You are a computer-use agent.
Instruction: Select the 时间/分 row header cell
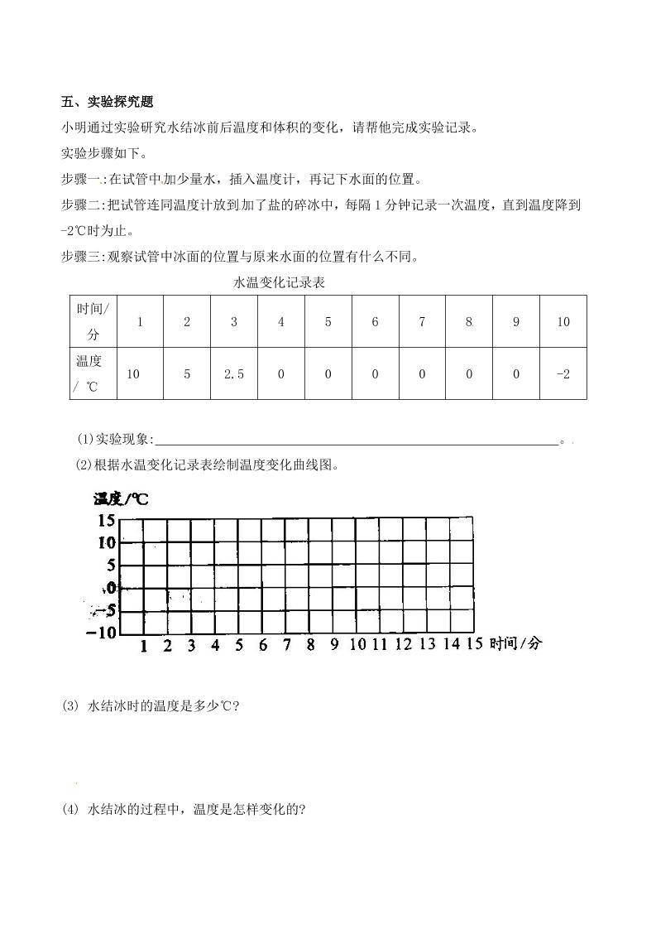(93, 321)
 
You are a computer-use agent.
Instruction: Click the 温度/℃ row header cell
(93, 373)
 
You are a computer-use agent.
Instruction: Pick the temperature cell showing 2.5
(234, 373)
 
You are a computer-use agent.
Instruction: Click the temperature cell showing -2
(563, 373)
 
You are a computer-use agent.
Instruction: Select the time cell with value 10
(563, 322)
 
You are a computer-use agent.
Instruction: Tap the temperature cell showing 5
(187, 373)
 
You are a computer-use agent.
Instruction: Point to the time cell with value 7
(422, 322)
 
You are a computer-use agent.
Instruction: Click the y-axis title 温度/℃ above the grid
(121, 498)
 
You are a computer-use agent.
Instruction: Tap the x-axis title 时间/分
(515, 643)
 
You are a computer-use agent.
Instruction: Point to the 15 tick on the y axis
(106, 520)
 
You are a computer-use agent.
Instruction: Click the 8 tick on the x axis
(310, 645)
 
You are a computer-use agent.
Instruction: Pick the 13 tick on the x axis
(427, 644)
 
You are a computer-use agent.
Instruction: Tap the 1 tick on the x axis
(143, 646)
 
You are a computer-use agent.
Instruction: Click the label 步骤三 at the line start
(80, 257)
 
